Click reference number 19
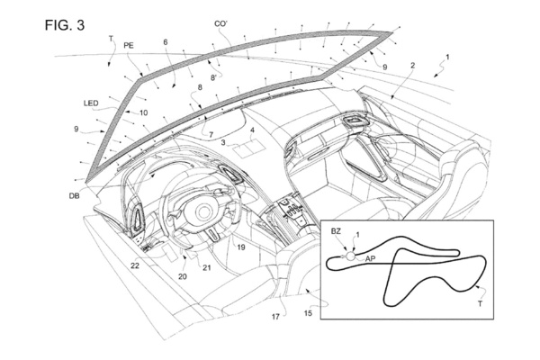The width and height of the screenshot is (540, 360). (x=240, y=245)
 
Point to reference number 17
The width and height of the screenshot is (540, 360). (x=276, y=316)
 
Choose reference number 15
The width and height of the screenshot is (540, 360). (x=307, y=313)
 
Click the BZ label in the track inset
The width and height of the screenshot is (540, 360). (x=336, y=232)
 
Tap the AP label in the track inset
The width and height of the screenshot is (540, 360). (x=370, y=258)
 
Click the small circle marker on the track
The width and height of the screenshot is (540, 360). (x=351, y=255)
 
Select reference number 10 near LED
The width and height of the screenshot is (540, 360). (x=143, y=113)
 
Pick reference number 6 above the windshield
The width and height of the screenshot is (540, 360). (x=166, y=43)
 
